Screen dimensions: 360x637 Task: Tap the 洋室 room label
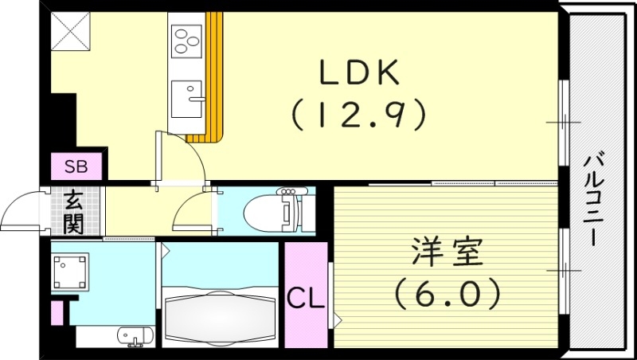click(x=447, y=254)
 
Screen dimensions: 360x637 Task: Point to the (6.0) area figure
click(x=447, y=292)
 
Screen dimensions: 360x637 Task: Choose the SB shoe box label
click(x=76, y=166)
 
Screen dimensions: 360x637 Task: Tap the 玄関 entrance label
click(x=75, y=212)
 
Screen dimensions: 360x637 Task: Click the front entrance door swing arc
click(x=24, y=209)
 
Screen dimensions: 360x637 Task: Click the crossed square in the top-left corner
click(x=69, y=32)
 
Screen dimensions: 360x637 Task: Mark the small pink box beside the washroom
click(x=57, y=311)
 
